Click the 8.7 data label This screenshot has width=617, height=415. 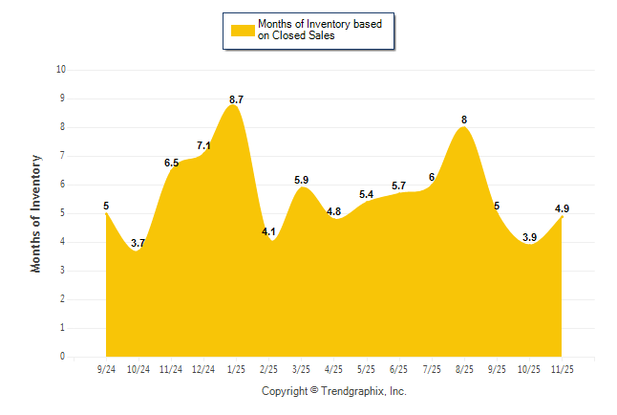click(x=236, y=99)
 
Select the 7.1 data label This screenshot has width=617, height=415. click(x=203, y=145)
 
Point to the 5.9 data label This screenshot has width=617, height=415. click(x=301, y=180)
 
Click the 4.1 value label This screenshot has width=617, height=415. click(x=268, y=231)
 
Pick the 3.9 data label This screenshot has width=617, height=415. click(x=530, y=237)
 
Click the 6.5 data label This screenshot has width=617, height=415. click(x=171, y=163)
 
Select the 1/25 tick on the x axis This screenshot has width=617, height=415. click(x=236, y=368)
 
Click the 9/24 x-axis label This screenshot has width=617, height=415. click(x=106, y=368)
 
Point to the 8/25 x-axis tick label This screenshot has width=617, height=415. click(x=464, y=368)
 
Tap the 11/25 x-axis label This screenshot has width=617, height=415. click(x=563, y=368)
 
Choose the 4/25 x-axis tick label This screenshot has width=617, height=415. click(x=334, y=368)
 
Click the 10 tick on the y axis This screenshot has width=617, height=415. click(x=61, y=70)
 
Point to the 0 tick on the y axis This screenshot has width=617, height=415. click(x=63, y=357)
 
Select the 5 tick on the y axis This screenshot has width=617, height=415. click(x=63, y=213)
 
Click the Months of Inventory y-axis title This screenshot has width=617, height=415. click(x=36, y=213)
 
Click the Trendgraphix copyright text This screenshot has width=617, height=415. click(x=333, y=391)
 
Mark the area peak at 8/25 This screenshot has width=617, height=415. click(x=464, y=127)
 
